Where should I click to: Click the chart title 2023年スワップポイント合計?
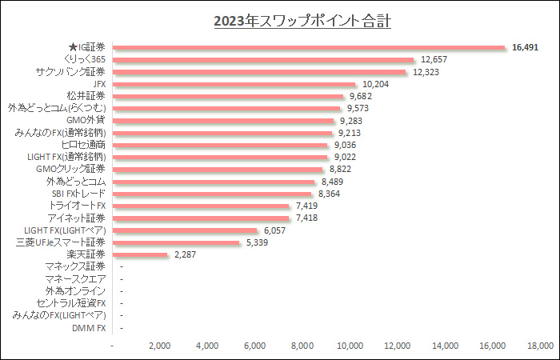302,21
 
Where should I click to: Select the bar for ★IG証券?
310,47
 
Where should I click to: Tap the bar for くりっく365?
264,59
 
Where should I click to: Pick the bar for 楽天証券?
141,254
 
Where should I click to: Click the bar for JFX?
234,84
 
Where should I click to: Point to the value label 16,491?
525,47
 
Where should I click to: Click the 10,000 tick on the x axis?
350,346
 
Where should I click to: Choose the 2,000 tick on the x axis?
160,346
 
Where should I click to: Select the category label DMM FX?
90,328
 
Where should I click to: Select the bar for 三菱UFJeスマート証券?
177,242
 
